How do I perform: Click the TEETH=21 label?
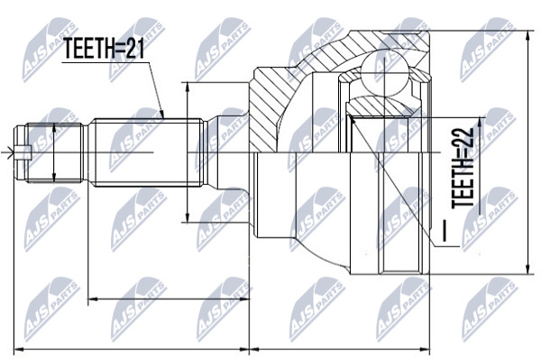pos(105,49)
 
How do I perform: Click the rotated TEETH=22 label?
pos(463,168)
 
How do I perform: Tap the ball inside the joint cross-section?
pos(385,72)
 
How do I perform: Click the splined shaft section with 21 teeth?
pos(149,152)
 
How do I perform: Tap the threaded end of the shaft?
pos(54,152)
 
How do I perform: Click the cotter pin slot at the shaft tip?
pos(23,152)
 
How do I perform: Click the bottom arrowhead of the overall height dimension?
pos(527,270)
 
